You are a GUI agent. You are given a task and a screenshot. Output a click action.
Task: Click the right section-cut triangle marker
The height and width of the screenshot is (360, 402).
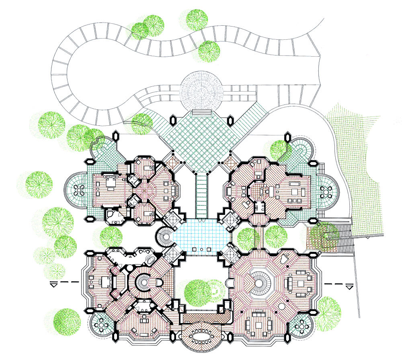click(349, 286)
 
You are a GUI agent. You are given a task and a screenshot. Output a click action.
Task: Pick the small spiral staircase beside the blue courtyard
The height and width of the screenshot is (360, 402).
click(165, 237)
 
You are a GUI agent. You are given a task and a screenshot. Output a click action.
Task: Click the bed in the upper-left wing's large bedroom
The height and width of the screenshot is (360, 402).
click(109, 184)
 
